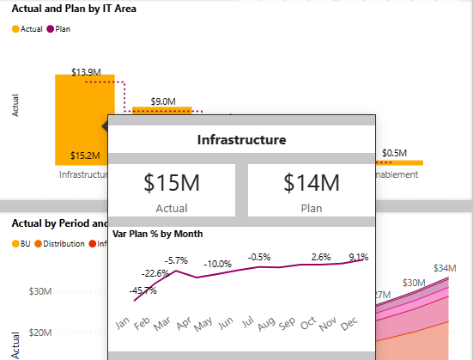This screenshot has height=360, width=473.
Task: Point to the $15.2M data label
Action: coord(84,156)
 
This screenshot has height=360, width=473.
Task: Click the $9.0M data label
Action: coord(164,101)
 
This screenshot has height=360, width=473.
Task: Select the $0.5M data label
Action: coord(396,153)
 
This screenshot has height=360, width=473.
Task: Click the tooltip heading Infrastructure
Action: coord(241,139)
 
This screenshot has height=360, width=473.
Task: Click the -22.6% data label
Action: coord(156,274)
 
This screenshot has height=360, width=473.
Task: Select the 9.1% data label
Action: coord(359,255)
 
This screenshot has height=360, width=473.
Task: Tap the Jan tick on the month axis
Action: coord(123,323)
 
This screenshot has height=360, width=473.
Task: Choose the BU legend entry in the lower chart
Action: coord(21,244)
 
